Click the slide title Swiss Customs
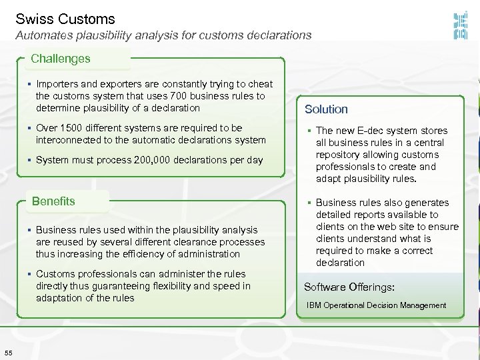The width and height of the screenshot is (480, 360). (x=65, y=19)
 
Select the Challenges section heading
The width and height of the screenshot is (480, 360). (x=60, y=59)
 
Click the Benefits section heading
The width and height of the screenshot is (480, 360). (x=53, y=201)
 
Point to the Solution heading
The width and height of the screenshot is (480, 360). (x=326, y=109)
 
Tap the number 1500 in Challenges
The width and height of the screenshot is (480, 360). (x=71, y=128)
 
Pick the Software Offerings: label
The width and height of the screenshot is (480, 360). (x=349, y=287)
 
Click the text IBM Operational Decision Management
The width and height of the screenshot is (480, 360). (x=376, y=305)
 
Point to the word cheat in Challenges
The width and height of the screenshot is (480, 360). (x=260, y=84)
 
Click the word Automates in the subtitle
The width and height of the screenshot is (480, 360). (x=43, y=35)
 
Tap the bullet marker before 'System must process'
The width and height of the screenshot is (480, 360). (x=31, y=160)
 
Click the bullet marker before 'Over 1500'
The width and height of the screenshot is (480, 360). (x=31, y=128)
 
